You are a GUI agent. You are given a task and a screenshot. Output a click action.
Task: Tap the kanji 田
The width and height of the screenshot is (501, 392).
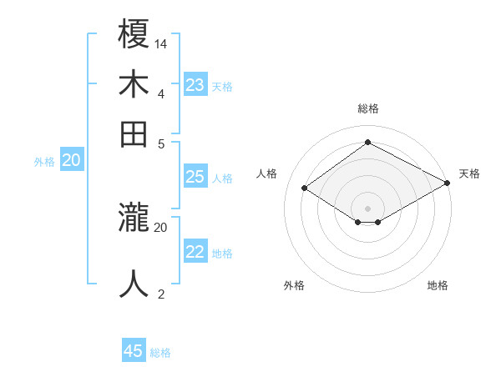(134, 133)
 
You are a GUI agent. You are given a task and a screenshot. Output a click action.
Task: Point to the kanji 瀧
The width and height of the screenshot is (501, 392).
(134, 219)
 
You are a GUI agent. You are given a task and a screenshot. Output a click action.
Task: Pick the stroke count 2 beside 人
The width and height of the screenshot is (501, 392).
(161, 294)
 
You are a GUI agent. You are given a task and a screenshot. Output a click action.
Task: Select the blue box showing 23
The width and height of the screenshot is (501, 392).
(195, 85)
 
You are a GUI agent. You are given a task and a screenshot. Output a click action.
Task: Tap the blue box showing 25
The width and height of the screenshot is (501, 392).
(195, 177)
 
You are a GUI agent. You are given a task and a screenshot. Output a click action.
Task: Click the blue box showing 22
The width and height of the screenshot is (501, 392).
(195, 252)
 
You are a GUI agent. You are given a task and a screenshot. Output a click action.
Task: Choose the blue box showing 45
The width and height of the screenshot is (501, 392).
(134, 351)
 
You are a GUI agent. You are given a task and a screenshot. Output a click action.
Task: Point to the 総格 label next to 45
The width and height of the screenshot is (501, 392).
(161, 353)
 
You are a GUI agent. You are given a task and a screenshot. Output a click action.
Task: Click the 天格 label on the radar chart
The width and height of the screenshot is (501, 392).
(469, 173)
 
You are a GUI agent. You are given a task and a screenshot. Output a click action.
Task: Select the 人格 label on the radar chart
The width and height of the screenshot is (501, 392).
(267, 173)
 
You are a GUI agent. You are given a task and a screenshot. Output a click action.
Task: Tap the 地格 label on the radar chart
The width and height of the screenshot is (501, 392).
(438, 285)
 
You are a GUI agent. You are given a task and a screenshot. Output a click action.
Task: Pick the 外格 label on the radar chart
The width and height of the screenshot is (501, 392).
(294, 285)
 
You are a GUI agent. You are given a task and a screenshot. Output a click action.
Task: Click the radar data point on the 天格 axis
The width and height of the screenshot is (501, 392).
(448, 183)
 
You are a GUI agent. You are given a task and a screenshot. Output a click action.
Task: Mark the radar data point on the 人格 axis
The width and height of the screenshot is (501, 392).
(305, 188)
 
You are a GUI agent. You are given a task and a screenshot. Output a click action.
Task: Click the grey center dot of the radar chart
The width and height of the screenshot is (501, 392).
(367, 208)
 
